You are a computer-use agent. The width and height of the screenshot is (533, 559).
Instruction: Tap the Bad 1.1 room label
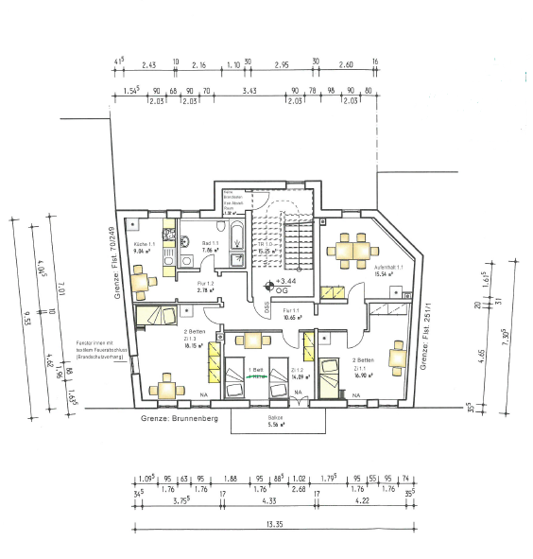point(211,247)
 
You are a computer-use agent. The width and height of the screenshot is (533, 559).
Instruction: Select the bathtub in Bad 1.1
point(236,243)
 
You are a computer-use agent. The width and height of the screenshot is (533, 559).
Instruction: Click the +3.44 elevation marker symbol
point(269,283)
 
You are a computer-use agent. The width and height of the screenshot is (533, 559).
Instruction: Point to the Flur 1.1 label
point(292,313)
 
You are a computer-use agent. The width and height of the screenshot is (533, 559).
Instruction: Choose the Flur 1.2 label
point(206,287)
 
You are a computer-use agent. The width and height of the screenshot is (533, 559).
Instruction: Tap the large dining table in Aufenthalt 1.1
point(351,250)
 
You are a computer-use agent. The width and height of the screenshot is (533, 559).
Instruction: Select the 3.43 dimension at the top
point(249,90)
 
